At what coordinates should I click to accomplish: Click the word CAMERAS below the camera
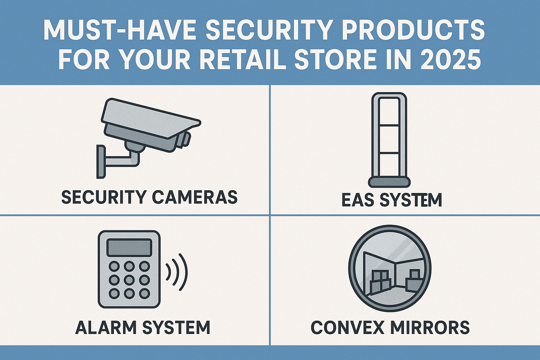click(195, 197)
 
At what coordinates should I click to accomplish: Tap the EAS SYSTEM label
click(392, 200)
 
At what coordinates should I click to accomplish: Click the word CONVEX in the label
click(347, 327)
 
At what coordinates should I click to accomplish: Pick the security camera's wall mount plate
click(101, 162)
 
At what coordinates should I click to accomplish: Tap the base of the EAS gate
click(389, 182)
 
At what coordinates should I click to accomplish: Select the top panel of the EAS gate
click(389, 111)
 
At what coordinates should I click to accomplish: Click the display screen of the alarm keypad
click(129, 247)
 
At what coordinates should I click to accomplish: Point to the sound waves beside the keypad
click(177, 272)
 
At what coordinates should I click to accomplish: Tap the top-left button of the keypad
click(114, 266)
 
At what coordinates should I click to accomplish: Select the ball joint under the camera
click(135, 146)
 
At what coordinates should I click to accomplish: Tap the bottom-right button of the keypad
click(144, 294)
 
